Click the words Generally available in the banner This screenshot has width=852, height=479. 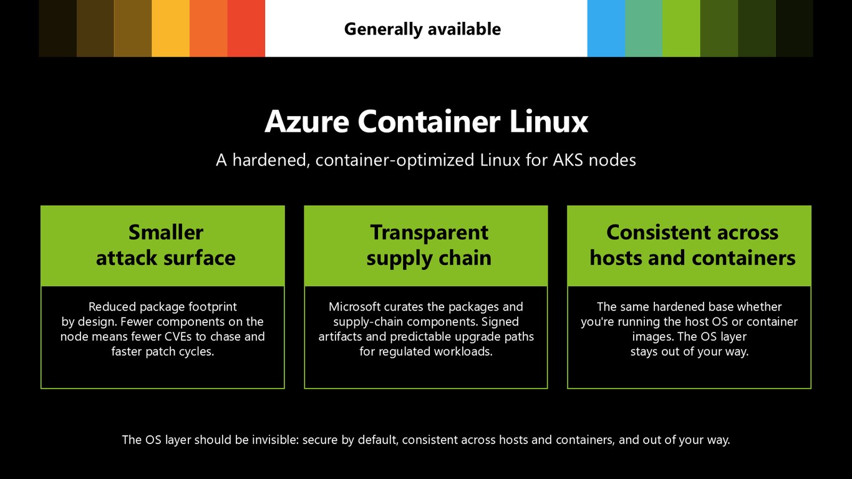[x=422, y=29]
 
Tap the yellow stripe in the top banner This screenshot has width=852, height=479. [x=170, y=28]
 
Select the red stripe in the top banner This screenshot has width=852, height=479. [x=246, y=28]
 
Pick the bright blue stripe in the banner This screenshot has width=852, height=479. [x=606, y=28]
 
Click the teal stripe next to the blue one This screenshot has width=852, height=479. [x=644, y=28]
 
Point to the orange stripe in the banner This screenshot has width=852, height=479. [x=208, y=28]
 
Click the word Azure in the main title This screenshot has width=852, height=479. [x=307, y=122]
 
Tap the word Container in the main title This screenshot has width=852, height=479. [x=429, y=122]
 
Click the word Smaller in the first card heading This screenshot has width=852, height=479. [x=166, y=232]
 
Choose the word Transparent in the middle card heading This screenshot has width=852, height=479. [x=429, y=233]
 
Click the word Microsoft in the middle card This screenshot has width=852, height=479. [x=354, y=307]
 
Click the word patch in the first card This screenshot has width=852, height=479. [x=159, y=352]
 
